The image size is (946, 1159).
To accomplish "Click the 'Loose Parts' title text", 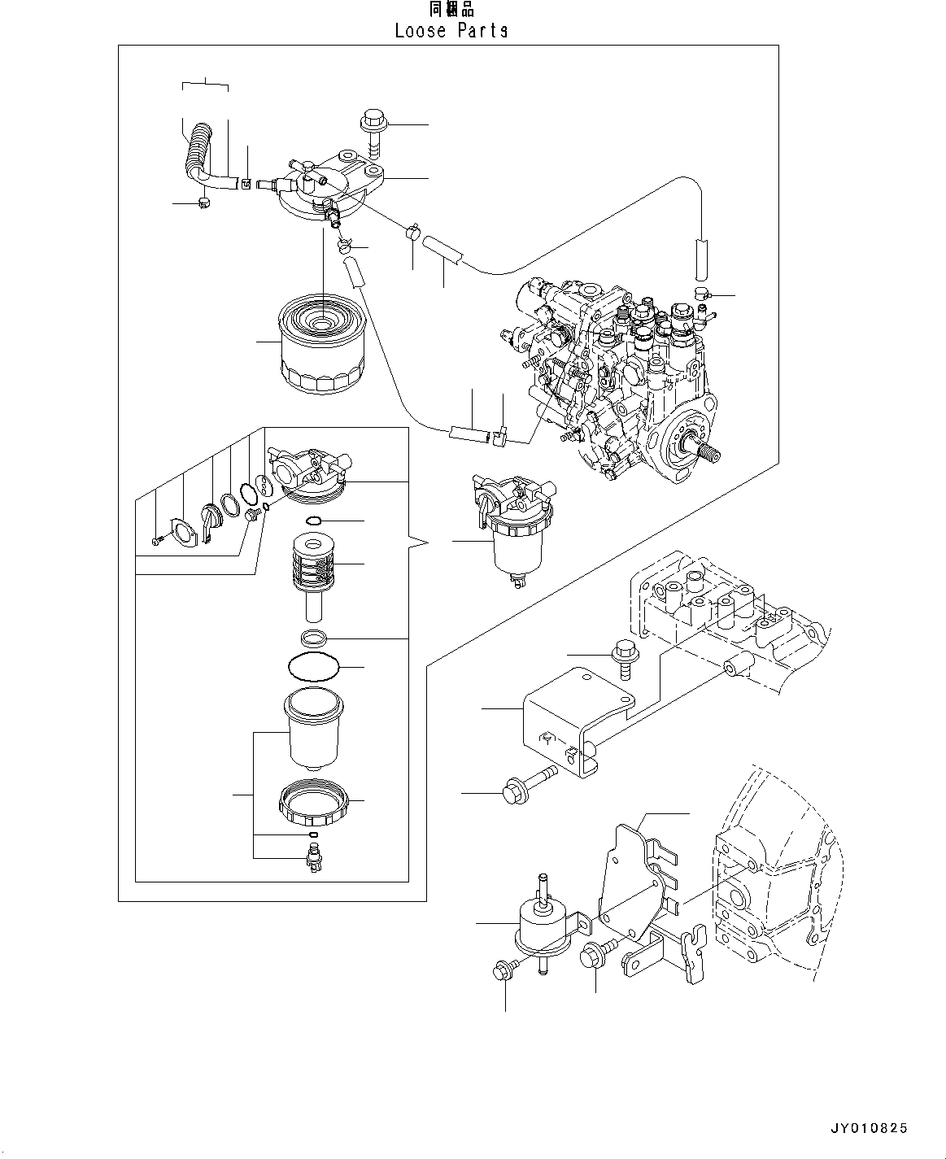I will (x=451, y=30).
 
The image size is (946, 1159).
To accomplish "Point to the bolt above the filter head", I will (x=372, y=130).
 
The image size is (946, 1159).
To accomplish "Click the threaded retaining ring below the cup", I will (x=313, y=804).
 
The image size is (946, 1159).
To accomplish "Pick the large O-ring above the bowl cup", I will (x=313, y=666).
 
